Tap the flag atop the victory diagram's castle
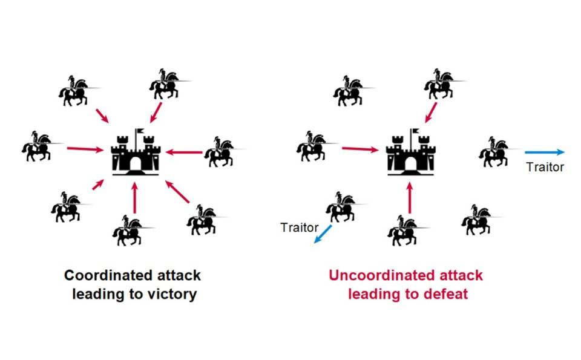pyautogui.click(x=140, y=131)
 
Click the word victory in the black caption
pyautogui.click(x=171, y=295)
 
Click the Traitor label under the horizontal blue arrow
pyautogui.click(x=545, y=167)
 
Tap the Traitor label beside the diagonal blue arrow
pyautogui.click(x=299, y=227)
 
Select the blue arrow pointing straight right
pyautogui.click(x=545, y=152)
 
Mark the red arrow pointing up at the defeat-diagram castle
pyautogui.click(x=410, y=198)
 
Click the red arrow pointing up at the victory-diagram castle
pyautogui.click(x=135, y=198)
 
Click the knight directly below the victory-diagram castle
pyautogui.click(x=128, y=229)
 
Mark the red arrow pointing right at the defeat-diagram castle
pyautogui.click(x=361, y=148)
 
